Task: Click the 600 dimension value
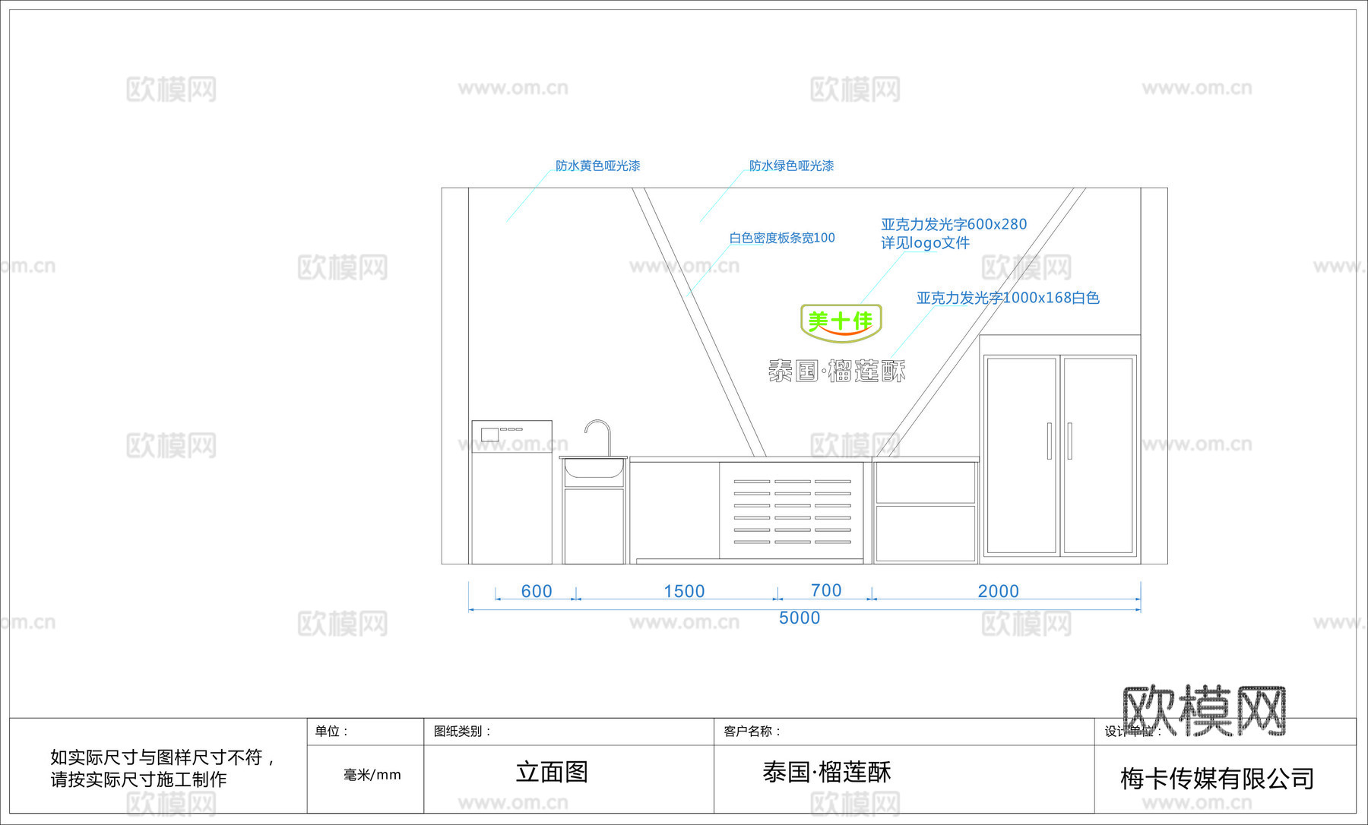pos(537,591)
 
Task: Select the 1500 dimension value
pos(684,591)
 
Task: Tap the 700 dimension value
pos(826,590)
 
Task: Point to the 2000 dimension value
pos(998,591)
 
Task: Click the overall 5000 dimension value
pos(800,618)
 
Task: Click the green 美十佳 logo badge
pos(841,322)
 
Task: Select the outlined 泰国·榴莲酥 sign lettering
pos(837,371)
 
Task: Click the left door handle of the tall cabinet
pos(1049,441)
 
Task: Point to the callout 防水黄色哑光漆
pos(597,166)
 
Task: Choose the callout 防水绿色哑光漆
pos(791,166)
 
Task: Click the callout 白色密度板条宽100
pos(782,238)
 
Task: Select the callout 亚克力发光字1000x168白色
pos(1008,298)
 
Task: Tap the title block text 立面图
pos(552,772)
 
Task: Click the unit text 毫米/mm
pos(372,775)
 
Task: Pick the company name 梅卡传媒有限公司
pos(1217,778)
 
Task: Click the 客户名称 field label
pos(752,731)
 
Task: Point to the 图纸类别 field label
pos(462,731)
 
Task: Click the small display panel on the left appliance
pos(490,435)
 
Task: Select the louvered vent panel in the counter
pos(792,511)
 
